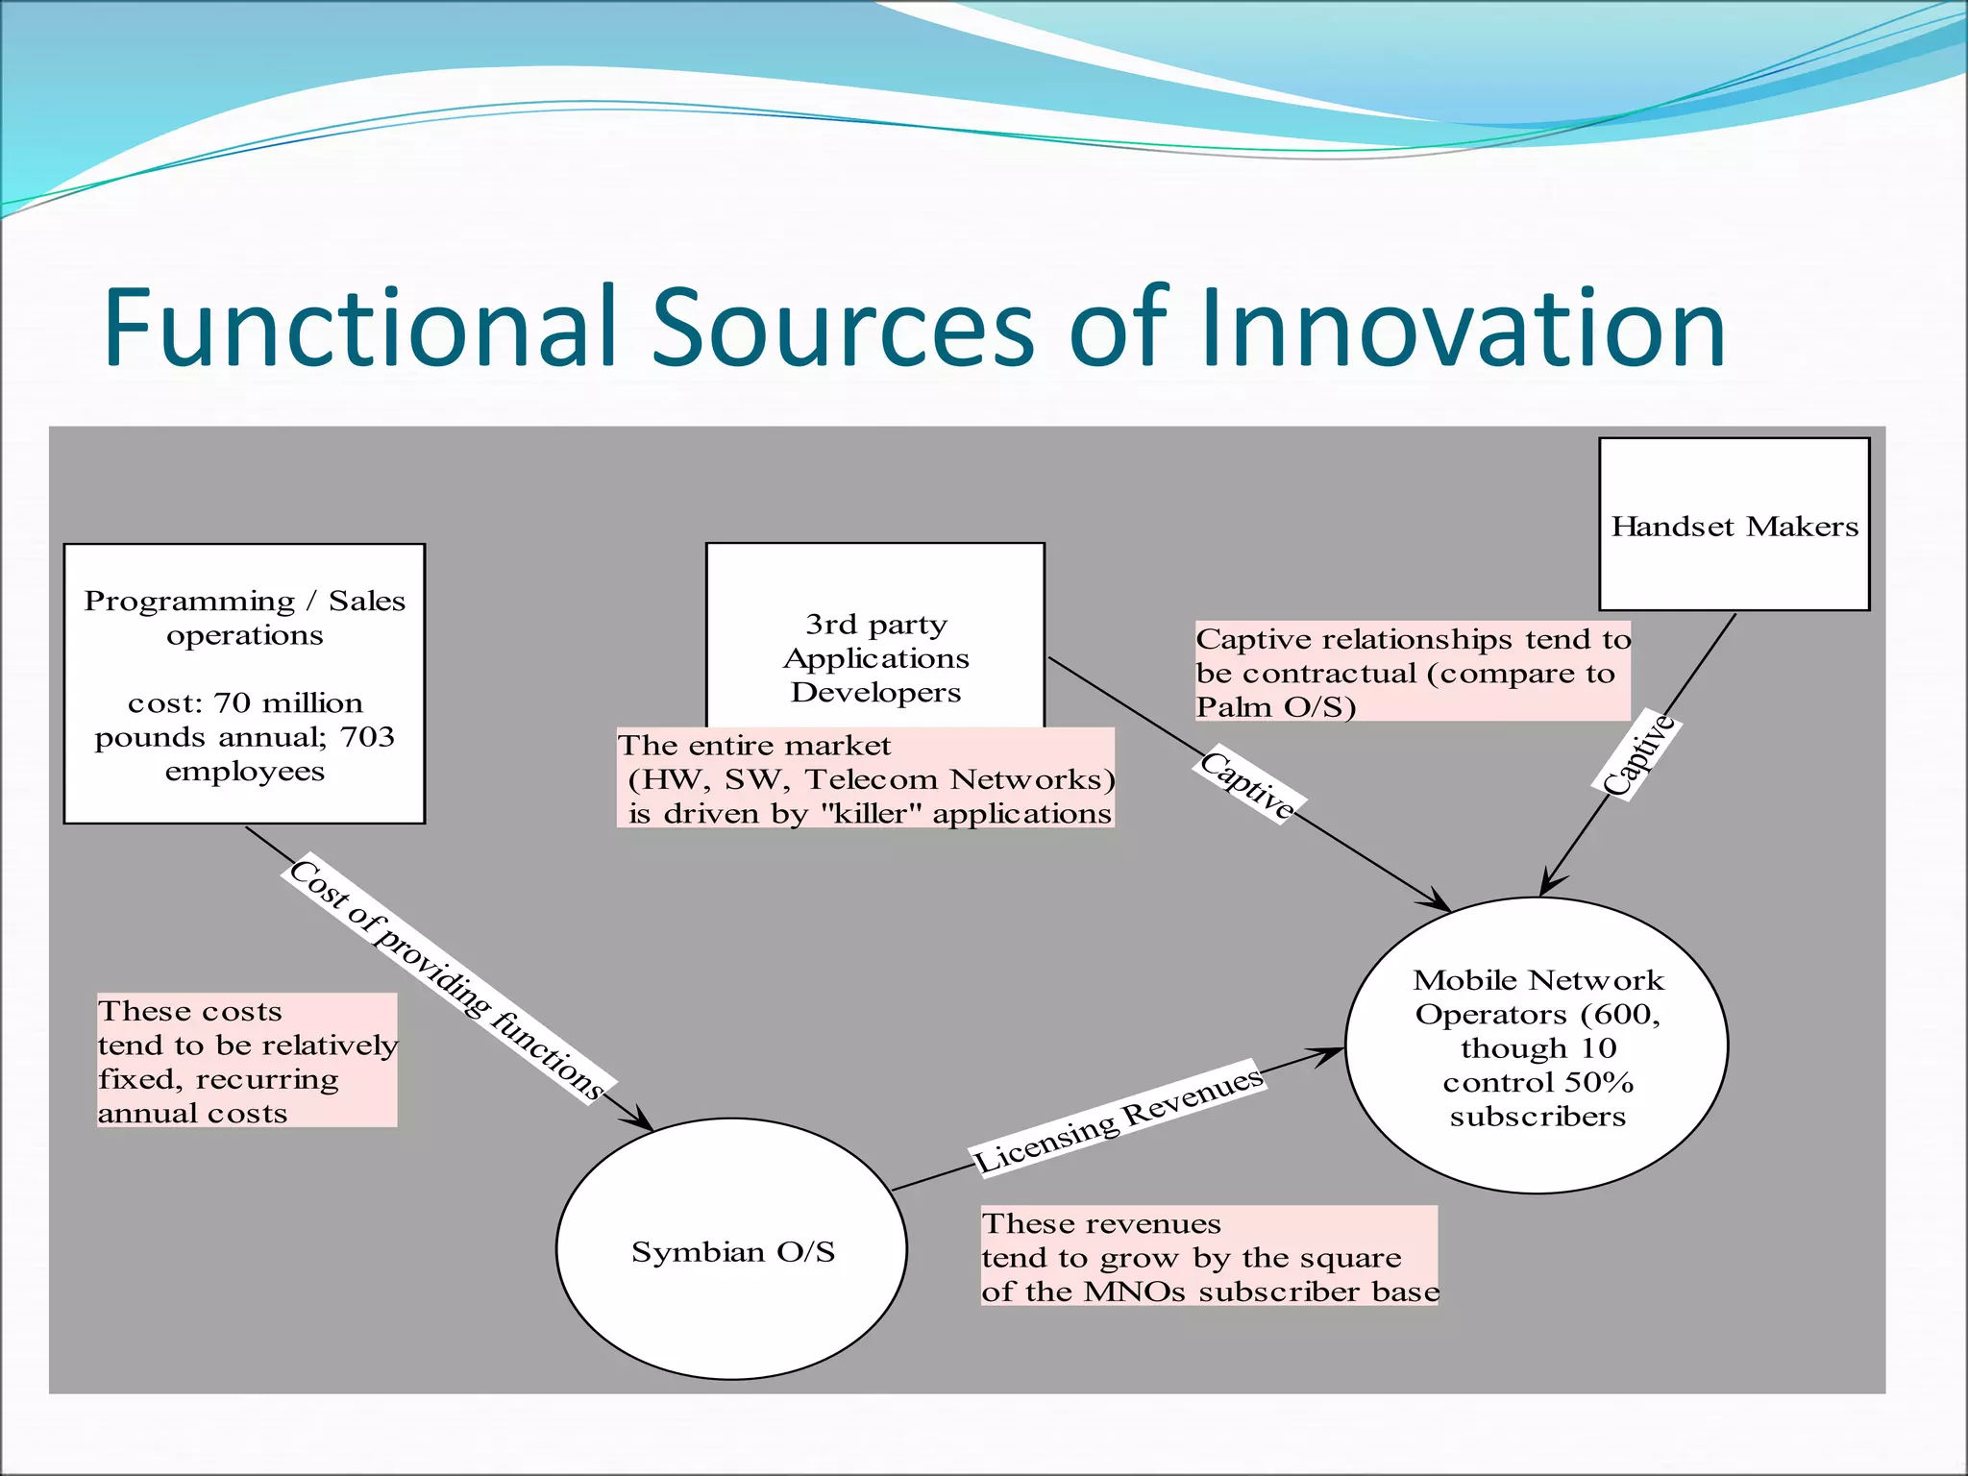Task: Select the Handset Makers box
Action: (x=1734, y=525)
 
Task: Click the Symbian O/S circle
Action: (x=732, y=1250)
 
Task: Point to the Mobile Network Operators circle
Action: (x=1537, y=1046)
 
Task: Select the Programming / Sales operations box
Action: (x=244, y=683)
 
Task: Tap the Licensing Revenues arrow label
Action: (x=1119, y=1119)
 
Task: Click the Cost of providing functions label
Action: (x=447, y=978)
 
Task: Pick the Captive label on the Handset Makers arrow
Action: (x=1640, y=755)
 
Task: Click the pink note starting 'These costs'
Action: (x=246, y=1061)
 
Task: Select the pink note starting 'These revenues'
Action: (x=1209, y=1257)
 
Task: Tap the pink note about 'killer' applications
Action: (x=865, y=778)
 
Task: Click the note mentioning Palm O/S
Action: (x=1412, y=672)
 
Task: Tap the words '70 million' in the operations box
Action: (x=288, y=702)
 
